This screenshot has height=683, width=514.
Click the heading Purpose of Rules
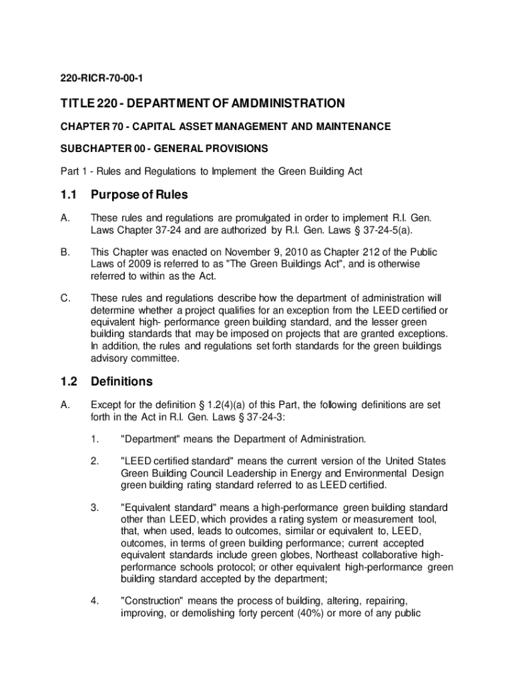[x=140, y=195]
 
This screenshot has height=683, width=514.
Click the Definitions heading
[x=121, y=382]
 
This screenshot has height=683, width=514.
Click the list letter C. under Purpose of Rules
[x=65, y=297]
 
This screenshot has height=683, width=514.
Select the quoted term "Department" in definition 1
[x=150, y=439]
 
